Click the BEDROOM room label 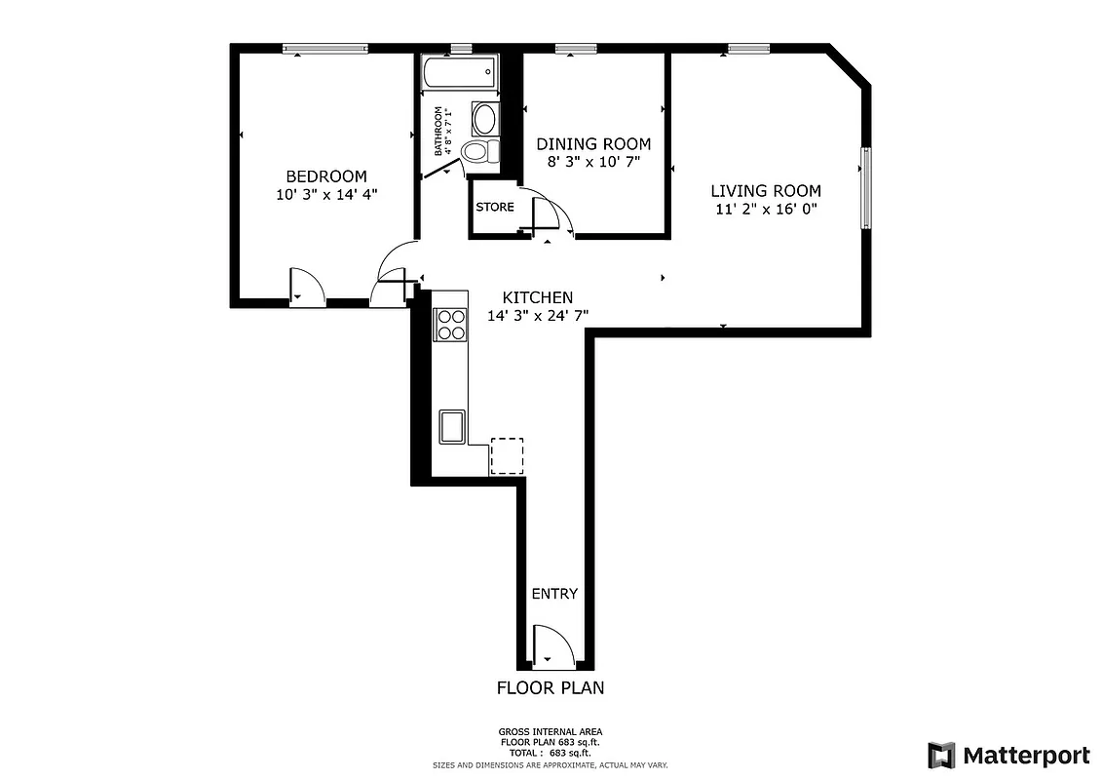(x=325, y=176)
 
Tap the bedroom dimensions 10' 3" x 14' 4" (x=325, y=194)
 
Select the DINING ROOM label (x=593, y=144)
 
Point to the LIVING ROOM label (x=765, y=191)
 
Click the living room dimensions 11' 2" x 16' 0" (x=765, y=209)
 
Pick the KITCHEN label (x=537, y=297)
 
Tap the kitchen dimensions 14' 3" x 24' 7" (x=537, y=315)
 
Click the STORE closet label (x=494, y=207)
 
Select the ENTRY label (x=554, y=594)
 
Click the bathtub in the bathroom (x=459, y=73)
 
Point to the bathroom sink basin (x=483, y=120)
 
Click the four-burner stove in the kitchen (x=450, y=324)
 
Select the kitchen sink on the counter (x=452, y=426)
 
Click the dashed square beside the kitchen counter (x=507, y=455)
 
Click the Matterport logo (x=1008, y=755)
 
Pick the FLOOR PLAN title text (x=551, y=687)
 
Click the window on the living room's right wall (x=865, y=187)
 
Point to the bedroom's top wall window (x=325, y=48)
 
